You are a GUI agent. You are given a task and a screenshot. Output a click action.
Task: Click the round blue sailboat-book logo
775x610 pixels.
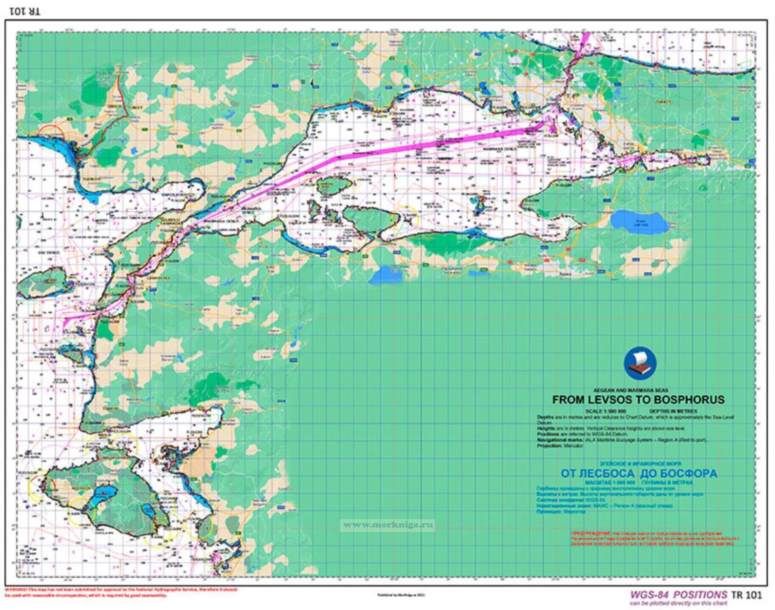pyautogui.click(x=640, y=363)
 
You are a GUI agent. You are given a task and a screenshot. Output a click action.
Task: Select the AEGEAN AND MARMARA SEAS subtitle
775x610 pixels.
pyautogui.click(x=631, y=390)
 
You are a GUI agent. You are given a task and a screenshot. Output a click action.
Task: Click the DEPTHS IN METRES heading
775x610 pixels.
pyautogui.click(x=673, y=411)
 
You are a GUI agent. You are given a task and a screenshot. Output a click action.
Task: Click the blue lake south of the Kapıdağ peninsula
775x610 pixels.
pyautogui.click(x=387, y=275)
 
